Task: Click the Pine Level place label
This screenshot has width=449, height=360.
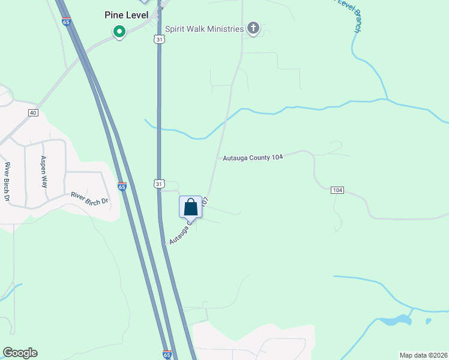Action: point(127,14)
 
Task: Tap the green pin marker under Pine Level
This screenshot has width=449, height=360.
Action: point(119,31)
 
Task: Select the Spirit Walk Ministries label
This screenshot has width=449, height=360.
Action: point(205,29)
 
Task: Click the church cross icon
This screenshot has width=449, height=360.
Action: point(253,28)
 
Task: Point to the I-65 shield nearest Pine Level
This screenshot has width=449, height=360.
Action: point(65,22)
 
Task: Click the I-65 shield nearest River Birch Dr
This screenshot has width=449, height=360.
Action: point(122,187)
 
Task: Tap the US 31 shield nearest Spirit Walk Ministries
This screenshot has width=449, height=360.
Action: point(158,39)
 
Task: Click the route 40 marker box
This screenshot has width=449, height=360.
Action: point(33,113)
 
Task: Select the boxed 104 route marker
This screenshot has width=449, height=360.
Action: point(337,190)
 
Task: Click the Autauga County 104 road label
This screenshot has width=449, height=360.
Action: point(253,158)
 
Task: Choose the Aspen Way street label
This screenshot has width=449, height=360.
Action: point(43,172)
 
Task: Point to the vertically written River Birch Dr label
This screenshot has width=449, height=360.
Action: point(8,181)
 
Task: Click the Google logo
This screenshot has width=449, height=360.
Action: point(20,353)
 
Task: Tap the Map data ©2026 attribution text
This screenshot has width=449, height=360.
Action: point(423,355)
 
